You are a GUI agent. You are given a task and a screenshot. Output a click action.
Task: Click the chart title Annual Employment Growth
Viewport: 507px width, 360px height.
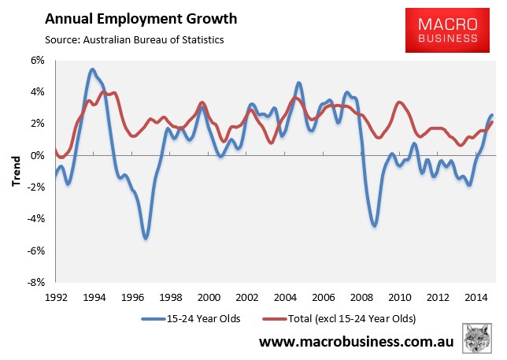[x=141, y=19]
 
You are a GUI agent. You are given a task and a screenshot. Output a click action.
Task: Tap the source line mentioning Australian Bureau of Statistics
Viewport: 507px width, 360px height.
[x=134, y=40]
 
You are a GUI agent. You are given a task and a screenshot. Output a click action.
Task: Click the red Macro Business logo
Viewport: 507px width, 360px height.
[x=447, y=30]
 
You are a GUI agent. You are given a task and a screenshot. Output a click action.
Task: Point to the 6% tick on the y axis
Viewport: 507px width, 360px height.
[x=37, y=60]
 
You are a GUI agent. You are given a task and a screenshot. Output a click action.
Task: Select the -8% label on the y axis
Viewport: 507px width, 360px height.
[x=35, y=282]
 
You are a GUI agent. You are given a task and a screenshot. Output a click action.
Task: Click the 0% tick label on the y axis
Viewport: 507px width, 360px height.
[x=37, y=155]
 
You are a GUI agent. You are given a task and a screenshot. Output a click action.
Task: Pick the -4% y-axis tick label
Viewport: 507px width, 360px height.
[x=35, y=219]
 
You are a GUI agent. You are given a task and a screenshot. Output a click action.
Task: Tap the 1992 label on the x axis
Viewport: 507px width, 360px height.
[x=56, y=297]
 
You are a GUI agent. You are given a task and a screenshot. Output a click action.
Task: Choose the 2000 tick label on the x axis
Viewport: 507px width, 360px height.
[x=209, y=297]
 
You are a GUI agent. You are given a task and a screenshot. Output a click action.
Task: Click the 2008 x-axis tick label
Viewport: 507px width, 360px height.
[x=361, y=297]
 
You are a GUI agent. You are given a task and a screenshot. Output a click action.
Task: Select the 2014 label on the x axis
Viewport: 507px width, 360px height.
[x=476, y=297]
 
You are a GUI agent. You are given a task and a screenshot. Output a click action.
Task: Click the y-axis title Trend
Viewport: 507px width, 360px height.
[x=16, y=171]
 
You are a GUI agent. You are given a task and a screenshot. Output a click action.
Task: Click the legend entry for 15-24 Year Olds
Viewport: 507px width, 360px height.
[x=191, y=319]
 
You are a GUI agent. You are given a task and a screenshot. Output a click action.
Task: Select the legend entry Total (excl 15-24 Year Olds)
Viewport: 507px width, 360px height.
[x=339, y=319]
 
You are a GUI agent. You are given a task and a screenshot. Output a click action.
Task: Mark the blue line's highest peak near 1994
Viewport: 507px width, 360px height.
[x=92, y=69]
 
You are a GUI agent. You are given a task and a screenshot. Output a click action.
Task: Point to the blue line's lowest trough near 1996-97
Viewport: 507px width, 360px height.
[x=146, y=238]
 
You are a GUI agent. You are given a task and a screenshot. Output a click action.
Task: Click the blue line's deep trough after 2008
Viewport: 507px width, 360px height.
[x=375, y=225]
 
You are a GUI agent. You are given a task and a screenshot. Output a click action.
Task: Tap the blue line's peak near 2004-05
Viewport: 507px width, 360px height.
[x=299, y=84]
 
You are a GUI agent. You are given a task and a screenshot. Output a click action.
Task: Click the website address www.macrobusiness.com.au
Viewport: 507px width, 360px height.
[x=357, y=342]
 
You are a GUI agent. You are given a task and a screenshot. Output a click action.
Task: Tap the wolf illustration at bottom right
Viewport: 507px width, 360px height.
[x=477, y=338]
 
